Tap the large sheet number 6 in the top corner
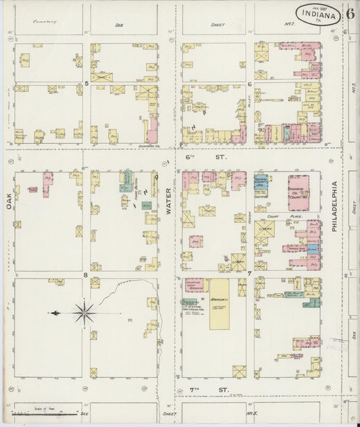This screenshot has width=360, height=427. tap(351, 13)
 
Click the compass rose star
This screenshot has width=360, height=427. tap(84, 312)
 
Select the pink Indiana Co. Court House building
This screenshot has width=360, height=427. tap(297, 193)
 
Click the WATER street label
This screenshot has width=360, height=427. tap(169, 201)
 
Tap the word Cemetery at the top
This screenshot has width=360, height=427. tap(45, 22)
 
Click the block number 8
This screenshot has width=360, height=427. tap(86, 275)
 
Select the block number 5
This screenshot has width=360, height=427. tap(86, 82)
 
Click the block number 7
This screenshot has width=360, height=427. tap(249, 274)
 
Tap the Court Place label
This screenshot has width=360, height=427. tap(276, 217)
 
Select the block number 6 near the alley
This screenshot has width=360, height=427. tap(249, 84)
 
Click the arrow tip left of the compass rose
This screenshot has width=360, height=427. tap(50, 313)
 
